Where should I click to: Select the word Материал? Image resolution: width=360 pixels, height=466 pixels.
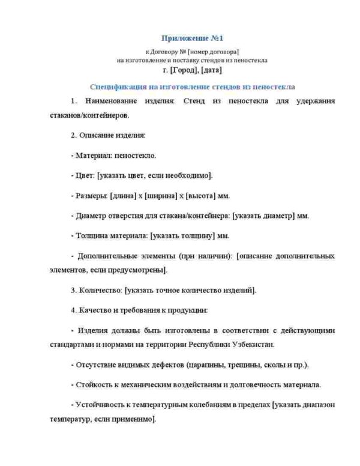(x=93, y=156)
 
